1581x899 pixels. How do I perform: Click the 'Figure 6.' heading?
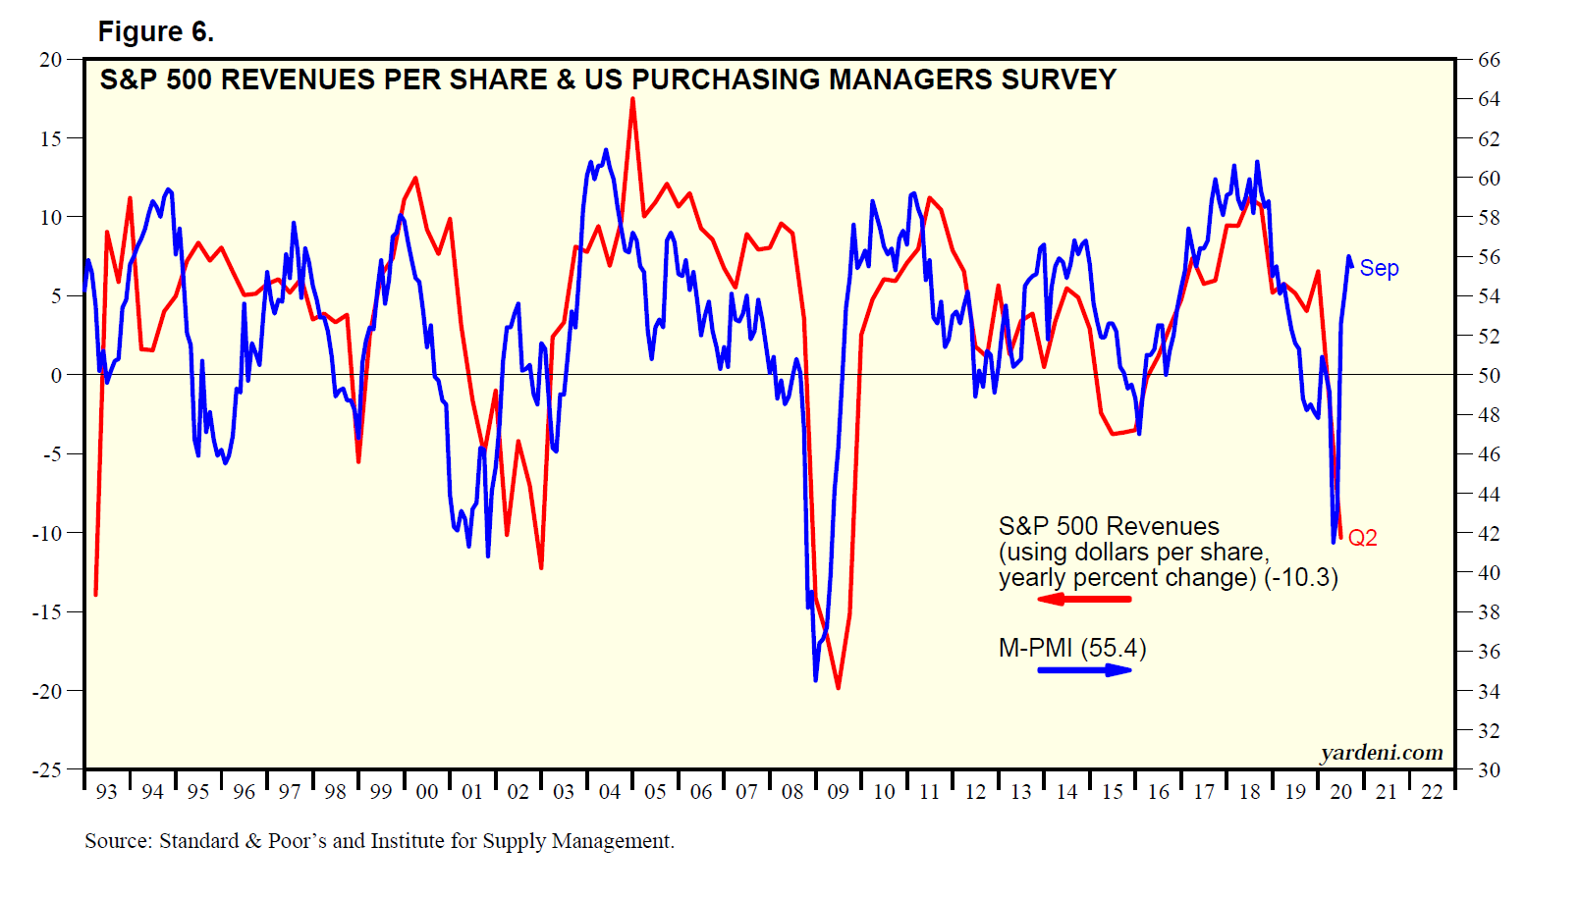(x=155, y=32)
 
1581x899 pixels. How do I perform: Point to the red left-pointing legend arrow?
(x=1084, y=599)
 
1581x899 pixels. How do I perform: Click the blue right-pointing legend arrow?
(x=1084, y=670)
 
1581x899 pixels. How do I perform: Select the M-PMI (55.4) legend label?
(x=1071, y=648)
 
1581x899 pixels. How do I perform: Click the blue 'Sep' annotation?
(x=1379, y=268)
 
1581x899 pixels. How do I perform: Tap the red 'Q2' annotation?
(x=1362, y=538)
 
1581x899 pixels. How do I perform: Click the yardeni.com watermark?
(x=1382, y=753)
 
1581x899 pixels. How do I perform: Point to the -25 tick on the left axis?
(x=47, y=770)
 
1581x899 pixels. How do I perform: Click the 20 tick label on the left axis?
(x=50, y=60)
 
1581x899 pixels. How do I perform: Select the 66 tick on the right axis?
(x=1489, y=60)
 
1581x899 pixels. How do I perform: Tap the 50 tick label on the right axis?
(x=1489, y=375)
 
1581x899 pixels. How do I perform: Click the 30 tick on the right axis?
(x=1489, y=770)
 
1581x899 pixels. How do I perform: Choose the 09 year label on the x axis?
(x=838, y=792)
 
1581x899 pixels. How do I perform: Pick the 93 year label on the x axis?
(x=106, y=792)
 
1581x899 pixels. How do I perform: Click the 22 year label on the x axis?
(x=1432, y=792)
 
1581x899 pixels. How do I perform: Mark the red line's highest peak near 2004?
(x=632, y=99)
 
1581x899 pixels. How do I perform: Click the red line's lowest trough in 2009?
(x=838, y=688)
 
